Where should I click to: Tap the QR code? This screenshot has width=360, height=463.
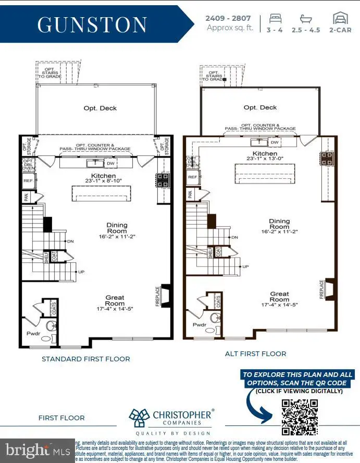pos(300,417)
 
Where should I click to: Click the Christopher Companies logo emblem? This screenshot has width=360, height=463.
pos(139,419)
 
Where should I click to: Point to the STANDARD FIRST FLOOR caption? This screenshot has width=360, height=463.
pos(86,359)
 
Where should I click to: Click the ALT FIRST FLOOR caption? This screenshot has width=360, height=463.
pos(255,354)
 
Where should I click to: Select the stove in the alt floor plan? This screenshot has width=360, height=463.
pos(327,159)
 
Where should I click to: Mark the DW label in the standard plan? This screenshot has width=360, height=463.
pos(110,164)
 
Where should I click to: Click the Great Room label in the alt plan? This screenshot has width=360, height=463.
pos(279,297)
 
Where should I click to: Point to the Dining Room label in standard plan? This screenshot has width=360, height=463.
pos(117,228)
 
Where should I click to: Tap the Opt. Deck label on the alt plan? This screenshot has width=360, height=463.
pos(260,107)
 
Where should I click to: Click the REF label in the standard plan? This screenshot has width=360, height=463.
pos(28,180)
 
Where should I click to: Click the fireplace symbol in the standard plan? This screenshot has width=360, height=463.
pos(166,295)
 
